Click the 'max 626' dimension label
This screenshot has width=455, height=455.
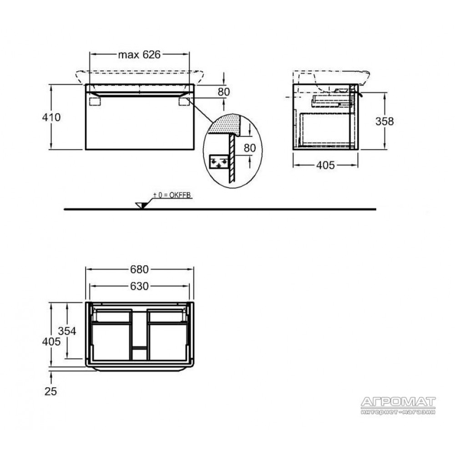tap(139, 55)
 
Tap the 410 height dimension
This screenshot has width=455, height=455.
tap(51, 117)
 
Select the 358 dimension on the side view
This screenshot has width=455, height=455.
tap(384, 121)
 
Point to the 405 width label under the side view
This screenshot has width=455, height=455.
tap(325, 166)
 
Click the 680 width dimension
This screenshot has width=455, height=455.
tap(139, 269)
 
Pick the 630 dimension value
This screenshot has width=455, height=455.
tap(139, 286)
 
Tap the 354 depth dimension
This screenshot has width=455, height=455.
tap(67, 331)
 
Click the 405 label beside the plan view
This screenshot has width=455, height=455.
tap(51, 342)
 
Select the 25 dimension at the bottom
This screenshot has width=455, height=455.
tap(51, 391)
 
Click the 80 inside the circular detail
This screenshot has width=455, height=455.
tap(249, 148)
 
